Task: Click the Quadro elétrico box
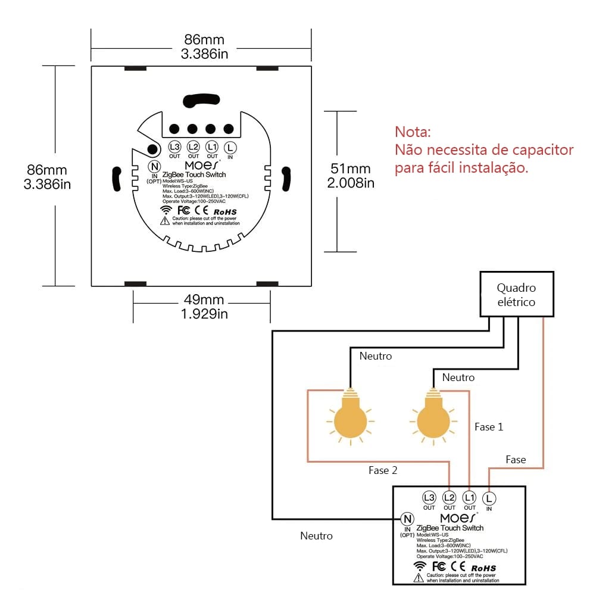pyautogui.click(x=516, y=294)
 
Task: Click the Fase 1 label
pyautogui.click(x=489, y=427)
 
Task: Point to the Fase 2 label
pyautogui.click(x=383, y=470)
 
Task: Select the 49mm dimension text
pyautogui.click(x=204, y=299)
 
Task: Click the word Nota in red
pyautogui.click(x=412, y=131)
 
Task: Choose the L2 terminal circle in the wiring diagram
pyautogui.click(x=450, y=498)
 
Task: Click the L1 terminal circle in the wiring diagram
pyautogui.click(x=470, y=498)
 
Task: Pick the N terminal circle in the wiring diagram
pyautogui.click(x=408, y=519)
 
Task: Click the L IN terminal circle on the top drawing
pyautogui.click(x=230, y=146)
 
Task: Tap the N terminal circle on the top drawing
pyautogui.click(x=154, y=167)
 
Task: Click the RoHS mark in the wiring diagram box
pyautogui.click(x=483, y=568)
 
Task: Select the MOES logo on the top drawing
pyautogui.click(x=202, y=163)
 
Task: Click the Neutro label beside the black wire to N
pyautogui.click(x=316, y=536)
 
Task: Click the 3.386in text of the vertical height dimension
pyautogui.click(x=47, y=184)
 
